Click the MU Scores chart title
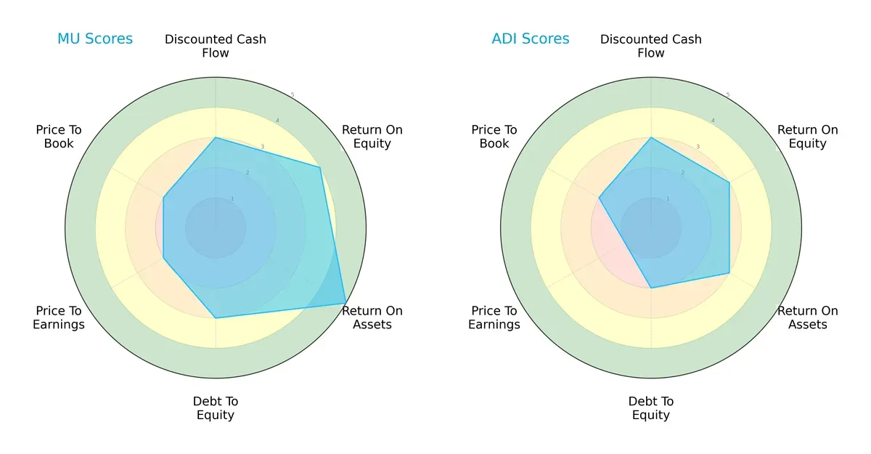click(95, 39)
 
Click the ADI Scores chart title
click(531, 39)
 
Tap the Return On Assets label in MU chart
click(372, 317)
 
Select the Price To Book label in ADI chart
click(494, 137)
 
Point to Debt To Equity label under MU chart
click(216, 408)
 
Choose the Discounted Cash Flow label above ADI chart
click(651, 46)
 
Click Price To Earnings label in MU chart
click(59, 317)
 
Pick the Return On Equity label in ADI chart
click(808, 137)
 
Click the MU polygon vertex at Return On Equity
click(320, 168)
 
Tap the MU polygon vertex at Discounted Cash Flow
click(216, 137)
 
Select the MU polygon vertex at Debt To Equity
click(216, 318)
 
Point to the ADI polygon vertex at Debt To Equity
click(651, 288)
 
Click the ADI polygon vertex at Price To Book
click(599, 198)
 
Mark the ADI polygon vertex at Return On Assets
click(729, 273)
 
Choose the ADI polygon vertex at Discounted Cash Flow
click(651, 137)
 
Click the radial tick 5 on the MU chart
click(293, 95)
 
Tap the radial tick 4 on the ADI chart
click(713, 121)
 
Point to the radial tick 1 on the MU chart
click(232, 198)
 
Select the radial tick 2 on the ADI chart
click(682, 173)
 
